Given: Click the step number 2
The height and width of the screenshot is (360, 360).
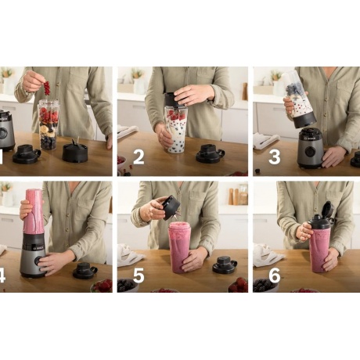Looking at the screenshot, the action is tap(139, 157).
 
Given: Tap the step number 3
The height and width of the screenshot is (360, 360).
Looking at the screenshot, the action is tap(275, 157).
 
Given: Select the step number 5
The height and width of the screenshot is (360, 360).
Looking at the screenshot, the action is tap(139, 275).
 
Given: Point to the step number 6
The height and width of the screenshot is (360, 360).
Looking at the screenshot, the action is tap(275, 275).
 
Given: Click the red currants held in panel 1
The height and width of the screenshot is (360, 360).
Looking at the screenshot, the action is tap(47, 88).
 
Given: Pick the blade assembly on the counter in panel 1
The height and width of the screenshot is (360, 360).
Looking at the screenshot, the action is tap(75, 151).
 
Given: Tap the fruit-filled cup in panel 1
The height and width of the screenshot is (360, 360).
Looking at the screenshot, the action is tap(49, 124).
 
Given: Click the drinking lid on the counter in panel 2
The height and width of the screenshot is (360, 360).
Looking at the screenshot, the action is tap(210, 153).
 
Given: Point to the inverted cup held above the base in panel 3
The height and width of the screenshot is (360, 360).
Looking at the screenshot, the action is tap(299, 99).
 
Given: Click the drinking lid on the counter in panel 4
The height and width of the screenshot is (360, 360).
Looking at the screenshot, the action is tap(85, 270).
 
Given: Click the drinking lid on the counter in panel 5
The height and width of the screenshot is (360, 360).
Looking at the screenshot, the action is tap(225, 265).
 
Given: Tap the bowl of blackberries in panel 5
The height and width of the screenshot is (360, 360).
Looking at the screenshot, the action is tap(128, 286).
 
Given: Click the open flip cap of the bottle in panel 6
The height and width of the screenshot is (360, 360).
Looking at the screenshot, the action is tap(328, 209).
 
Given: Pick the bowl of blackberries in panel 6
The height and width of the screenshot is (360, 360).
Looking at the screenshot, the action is tap(265, 286).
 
